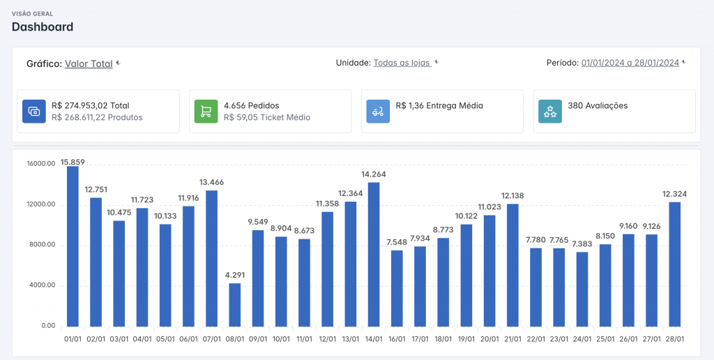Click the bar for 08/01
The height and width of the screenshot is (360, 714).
(234, 305)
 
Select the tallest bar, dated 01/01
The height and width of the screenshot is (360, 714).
(73, 246)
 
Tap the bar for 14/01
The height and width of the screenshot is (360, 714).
(374, 254)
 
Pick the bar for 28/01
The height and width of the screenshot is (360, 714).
(674, 264)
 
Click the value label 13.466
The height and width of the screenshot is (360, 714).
(212, 182)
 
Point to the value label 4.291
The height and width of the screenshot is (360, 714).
(235, 276)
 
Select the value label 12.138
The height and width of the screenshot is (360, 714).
(512, 196)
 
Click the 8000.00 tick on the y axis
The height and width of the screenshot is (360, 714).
(42, 245)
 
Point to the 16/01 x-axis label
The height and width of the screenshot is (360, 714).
(397, 339)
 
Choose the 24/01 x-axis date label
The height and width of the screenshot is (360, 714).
(582, 339)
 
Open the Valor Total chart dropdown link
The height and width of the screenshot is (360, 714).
(89, 63)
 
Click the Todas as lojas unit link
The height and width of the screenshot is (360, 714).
(402, 63)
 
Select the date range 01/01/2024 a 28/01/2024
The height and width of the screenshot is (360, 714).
(630, 63)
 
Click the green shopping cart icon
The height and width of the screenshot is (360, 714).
(206, 111)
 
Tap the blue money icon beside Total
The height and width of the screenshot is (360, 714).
(34, 111)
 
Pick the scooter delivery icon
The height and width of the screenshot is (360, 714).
(378, 111)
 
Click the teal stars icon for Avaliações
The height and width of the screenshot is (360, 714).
(550, 111)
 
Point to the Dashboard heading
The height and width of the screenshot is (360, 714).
(43, 27)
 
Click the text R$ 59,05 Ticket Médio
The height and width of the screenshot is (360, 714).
(267, 118)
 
